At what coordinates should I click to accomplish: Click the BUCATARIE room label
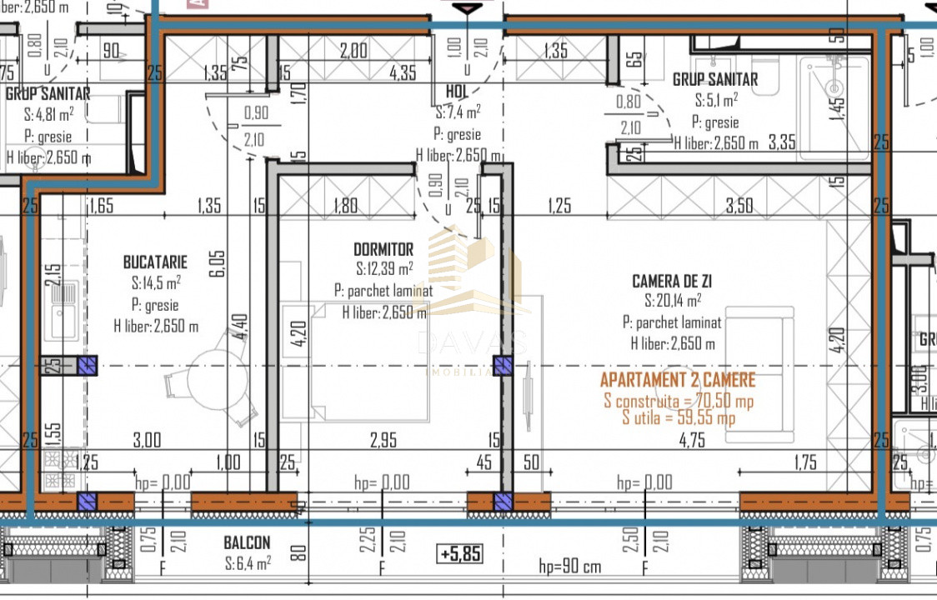pyautogui.click(x=155, y=262)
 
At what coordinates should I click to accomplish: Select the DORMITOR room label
pyautogui.click(x=383, y=249)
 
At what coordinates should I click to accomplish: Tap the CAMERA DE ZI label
pyautogui.click(x=672, y=282)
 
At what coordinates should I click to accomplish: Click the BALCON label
pyautogui.click(x=247, y=543)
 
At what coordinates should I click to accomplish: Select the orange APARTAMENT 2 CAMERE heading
pyautogui.click(x=678, y=381)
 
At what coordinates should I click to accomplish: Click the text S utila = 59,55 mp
pyautogui.click(x=678, y=418)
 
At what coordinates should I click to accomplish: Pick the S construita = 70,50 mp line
pyautogui.click(x=678, y=401)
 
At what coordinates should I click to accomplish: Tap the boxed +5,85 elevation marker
pyautogui.click(x=459, y=552)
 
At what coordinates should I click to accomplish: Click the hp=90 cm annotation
pyautogui.click(x=569, y=568)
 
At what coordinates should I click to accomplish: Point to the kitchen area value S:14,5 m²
pyautogui.click(x=156, y=283)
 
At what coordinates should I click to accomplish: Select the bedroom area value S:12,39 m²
pyautogui.click(x=384, y=269)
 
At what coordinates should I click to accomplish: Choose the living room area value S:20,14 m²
pyautogui.click(x=672, y=301)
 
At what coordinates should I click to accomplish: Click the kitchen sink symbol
pyautogui.click(x=63, y=308)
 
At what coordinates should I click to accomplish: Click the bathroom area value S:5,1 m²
pyautogui.click(x=716, y=101)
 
